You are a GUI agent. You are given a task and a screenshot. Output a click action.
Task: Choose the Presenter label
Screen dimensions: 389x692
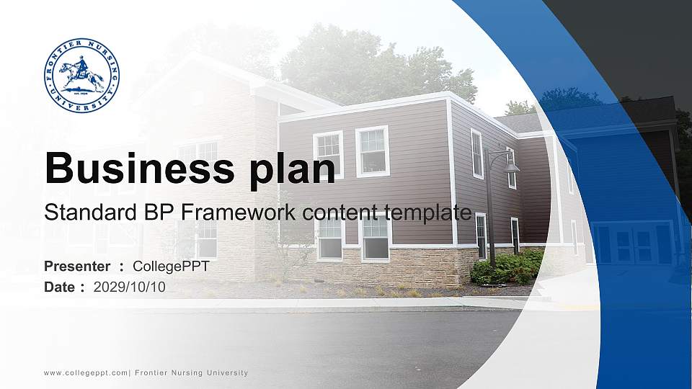click(77, 267)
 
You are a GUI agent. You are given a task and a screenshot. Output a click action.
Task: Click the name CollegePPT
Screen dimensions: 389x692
click(171, 267)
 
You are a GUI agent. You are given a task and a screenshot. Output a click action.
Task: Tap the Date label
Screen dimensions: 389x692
click(60, 287)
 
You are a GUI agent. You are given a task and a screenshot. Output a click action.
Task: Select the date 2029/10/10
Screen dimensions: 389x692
click(130, 287)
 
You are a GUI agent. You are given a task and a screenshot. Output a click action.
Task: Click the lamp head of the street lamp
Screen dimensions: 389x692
click(511, 166)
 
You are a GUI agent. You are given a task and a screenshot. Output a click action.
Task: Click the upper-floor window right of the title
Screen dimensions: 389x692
click(372, 151)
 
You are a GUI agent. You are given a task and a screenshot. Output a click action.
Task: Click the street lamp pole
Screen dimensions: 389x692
click(490, 216)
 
